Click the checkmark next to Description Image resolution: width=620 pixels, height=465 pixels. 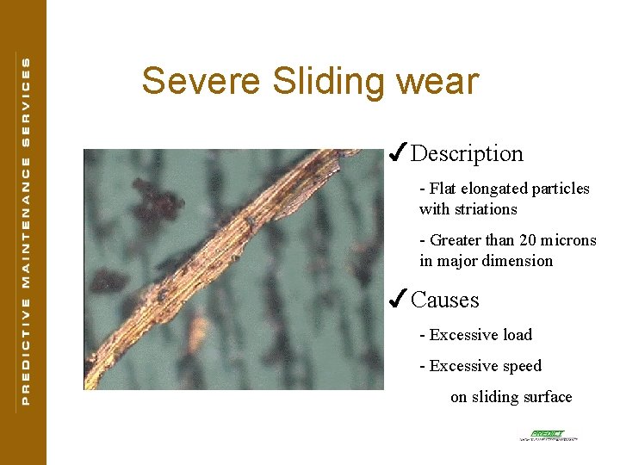pos(397,152)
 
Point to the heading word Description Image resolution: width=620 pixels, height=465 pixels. pos(467,154)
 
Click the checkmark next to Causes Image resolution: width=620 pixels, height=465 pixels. pos(397,299)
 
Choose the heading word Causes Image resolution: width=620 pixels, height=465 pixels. pos(445,301)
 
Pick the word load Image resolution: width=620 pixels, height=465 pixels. pos(516,335)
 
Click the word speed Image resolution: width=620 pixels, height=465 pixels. pos(520,366)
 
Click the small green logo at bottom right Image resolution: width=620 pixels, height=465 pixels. pos(549,436)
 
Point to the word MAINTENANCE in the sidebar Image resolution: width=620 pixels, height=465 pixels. pos(26,220)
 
